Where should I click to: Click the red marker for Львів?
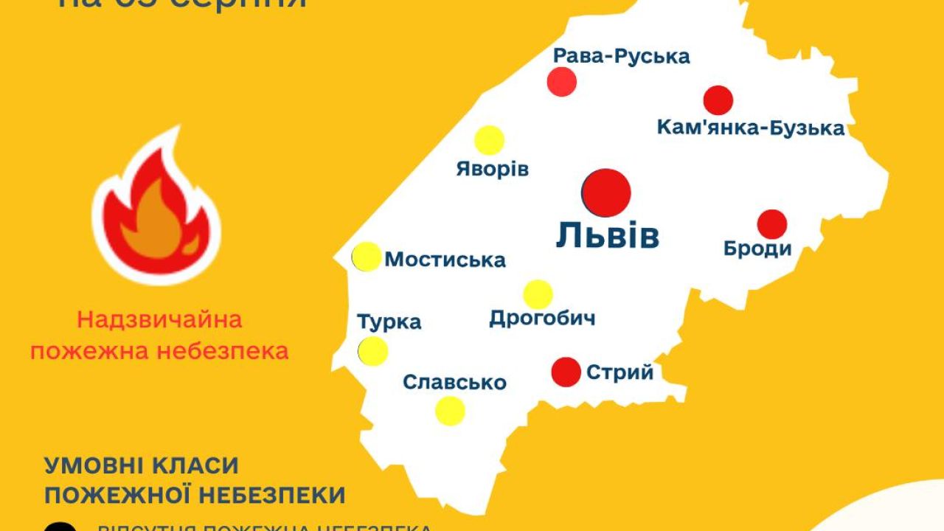tap(606, 192)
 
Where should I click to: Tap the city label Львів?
tap(608, 236)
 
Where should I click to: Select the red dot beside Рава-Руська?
tap(562, 81)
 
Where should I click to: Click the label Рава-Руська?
tap(621, 56)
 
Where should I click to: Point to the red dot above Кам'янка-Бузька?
tap(718, 100)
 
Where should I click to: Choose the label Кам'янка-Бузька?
tap(751, 128)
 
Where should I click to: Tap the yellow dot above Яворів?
tap(489, 140)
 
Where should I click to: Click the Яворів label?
tap(493, 169)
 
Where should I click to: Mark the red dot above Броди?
tap(772, 224)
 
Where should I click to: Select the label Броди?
tap(757, 249)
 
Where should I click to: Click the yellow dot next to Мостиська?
tap(367, 257)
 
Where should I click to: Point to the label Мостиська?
tap(445, 260)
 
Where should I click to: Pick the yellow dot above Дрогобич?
tap(538, 294)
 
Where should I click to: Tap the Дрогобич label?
tap(542, 319)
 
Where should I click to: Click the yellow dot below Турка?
tap(373, 351)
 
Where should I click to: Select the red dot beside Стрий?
tap(566, 372)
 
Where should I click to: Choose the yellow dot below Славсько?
tap(450, 411)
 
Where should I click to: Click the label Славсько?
tap(454, 383)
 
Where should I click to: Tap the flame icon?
tap(156, 209)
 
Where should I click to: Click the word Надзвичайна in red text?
tap(159, 321)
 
